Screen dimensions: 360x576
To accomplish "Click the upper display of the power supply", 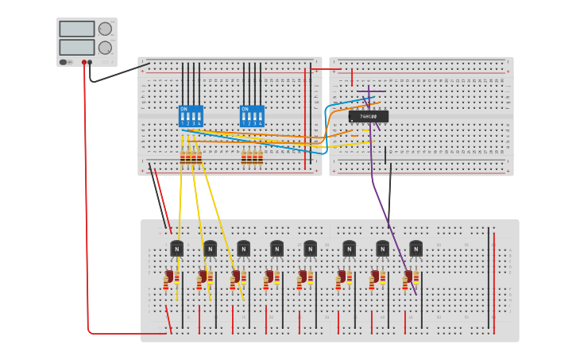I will (76, 29).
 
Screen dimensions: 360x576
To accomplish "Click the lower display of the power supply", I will (76, 47).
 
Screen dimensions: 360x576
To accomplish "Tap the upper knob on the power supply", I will (105, 29).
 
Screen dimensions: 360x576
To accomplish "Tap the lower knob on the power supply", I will (105, 48).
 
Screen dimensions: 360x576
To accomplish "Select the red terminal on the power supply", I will (83, 62).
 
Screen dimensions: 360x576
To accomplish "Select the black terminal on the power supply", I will (90, 62).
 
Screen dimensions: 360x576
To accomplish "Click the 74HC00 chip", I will (369, 116).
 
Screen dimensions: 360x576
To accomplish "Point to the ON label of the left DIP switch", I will (184, 109).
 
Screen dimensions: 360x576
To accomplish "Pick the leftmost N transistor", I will (176, 249).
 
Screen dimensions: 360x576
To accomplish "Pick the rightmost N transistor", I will (416, 249).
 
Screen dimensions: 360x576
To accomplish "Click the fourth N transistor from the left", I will (276, 249).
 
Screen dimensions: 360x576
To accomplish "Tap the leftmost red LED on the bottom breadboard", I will (168, 277).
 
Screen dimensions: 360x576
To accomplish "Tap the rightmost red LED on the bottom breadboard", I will (408, 277).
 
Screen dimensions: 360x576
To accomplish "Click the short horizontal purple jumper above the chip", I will (371, 91).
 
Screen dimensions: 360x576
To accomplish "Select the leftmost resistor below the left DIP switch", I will (183, 157).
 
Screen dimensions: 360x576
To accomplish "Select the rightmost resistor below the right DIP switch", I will (260, 157).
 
